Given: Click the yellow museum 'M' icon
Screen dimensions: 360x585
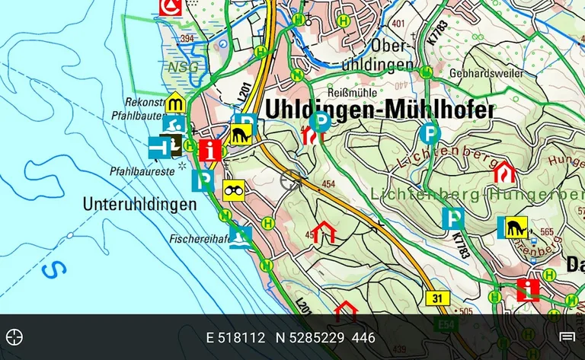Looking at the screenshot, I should coord(177,101).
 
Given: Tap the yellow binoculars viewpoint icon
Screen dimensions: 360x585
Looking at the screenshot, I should coord(233,190).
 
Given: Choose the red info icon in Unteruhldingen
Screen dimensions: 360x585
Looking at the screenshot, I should coord(210,148).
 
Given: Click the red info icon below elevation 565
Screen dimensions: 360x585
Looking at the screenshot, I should coord(528,290).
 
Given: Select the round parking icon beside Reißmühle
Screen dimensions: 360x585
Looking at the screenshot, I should coord(322,120).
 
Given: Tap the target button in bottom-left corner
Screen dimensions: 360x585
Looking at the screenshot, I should coord(14,337).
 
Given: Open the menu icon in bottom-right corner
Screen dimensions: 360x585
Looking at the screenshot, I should coord(567,337).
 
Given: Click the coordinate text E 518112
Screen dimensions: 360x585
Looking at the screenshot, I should coord(235,337).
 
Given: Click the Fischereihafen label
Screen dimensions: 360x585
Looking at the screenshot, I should coord(200,237).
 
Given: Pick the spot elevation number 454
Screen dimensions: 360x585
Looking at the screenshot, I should coord(329,184).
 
